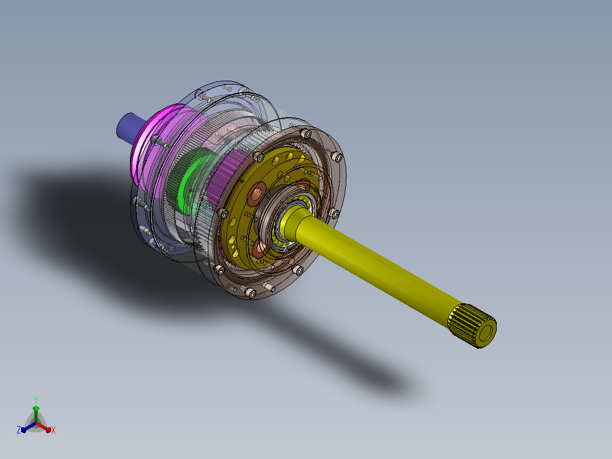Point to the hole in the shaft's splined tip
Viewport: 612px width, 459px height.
[486, 333]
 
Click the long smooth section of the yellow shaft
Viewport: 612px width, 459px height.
[375, 266]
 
